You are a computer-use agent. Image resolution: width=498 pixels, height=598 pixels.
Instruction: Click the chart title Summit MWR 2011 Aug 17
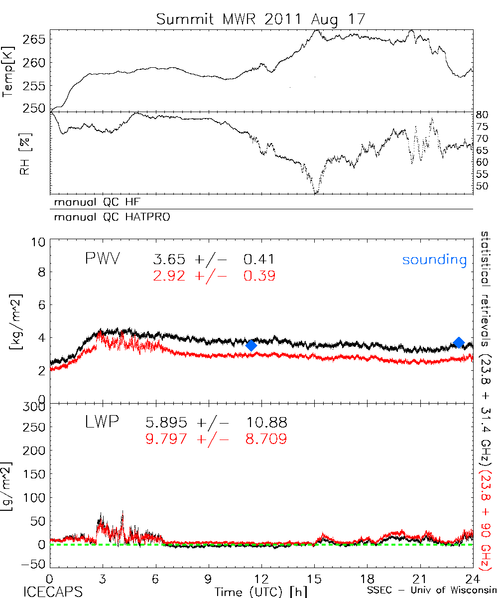click(x=261, y=20)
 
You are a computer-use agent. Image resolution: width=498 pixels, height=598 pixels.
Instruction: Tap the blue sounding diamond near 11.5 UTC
click(x=251, y=345)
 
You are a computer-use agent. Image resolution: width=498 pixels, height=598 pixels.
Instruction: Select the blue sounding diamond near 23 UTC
click(x=459, y=342)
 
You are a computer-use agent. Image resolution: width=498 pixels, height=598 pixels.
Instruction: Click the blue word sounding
click(x=435, y=260)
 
